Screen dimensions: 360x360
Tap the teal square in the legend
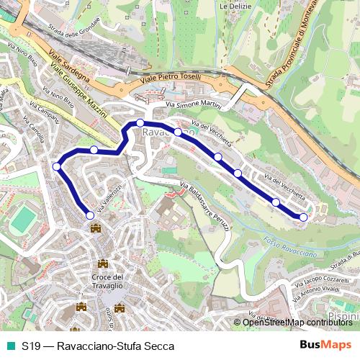click(9, 346)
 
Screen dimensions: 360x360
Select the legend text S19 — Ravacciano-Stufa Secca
click(97, 346)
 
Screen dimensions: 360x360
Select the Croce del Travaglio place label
click(109, 282)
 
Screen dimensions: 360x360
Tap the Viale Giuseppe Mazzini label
click(79, 90)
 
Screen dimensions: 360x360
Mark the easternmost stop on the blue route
click(303, 217)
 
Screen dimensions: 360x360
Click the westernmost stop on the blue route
click(57, 167)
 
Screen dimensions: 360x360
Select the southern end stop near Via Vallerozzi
click(90, 215)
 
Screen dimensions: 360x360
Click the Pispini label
click(346, 315)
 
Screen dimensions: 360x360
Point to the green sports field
click(23, 218)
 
